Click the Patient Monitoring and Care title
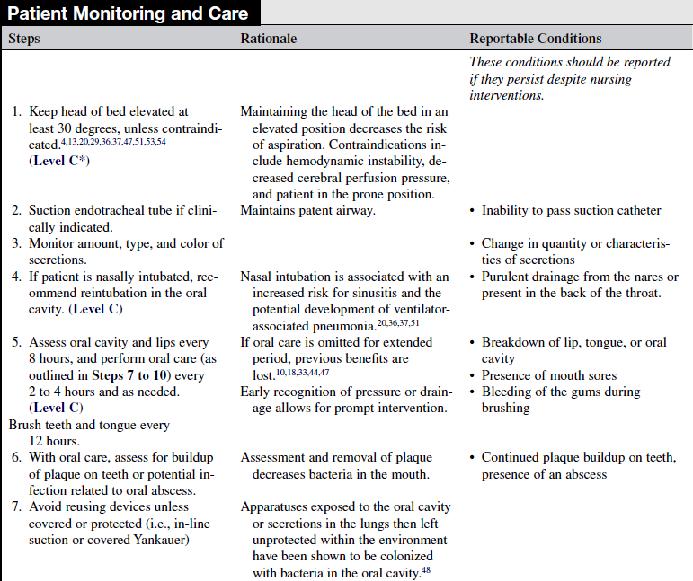pos(129,13)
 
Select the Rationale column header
pos(268,39)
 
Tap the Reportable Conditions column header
pos(536,39)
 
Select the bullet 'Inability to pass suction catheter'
pos(571,210)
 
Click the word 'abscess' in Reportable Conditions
pos(585,473)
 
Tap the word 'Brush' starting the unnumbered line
pos(26,425)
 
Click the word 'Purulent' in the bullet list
pos(507,277)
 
